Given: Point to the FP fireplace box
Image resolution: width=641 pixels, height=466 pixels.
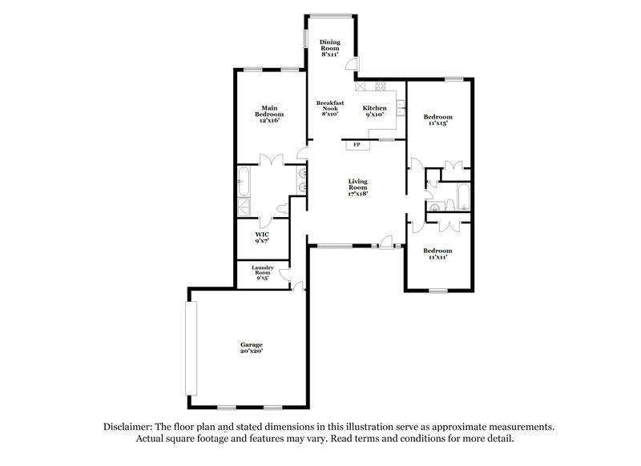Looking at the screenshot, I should point(357,145).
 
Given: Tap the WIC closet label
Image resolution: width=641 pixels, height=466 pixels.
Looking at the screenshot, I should point(262,237).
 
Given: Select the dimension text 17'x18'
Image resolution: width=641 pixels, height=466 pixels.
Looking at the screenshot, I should point(357,194).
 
